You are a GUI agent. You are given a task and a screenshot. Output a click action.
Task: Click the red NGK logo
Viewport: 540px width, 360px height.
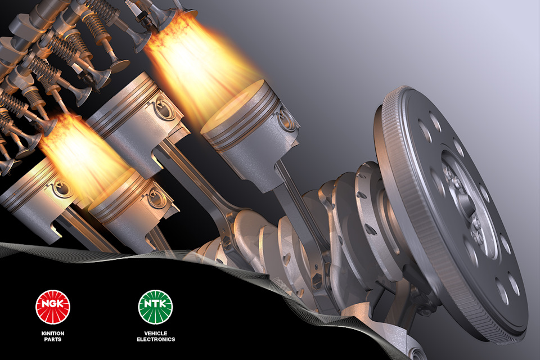[53, 307]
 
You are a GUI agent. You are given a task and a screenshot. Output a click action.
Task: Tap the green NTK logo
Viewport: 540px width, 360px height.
[155, 307]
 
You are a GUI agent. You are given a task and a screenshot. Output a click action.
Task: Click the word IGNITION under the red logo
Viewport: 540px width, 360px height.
[53, 333]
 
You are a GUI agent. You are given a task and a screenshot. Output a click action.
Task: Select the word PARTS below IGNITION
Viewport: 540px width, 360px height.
[53, 339]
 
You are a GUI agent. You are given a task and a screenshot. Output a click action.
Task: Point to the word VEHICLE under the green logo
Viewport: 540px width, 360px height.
[156, 333]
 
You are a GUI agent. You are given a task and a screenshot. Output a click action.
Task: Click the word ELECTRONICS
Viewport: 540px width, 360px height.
[156, 339]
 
